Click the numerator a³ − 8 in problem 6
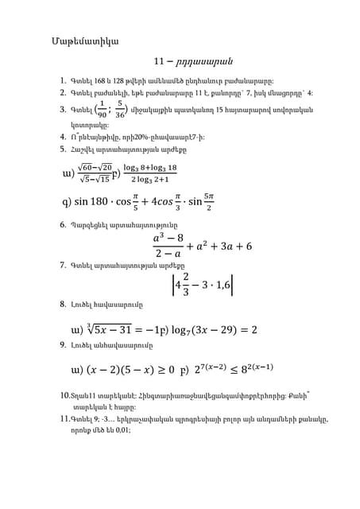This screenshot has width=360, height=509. [168, 238]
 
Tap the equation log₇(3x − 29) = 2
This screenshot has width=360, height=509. [207, 329]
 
